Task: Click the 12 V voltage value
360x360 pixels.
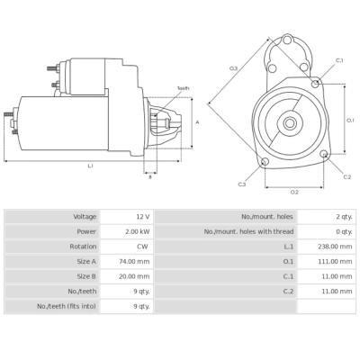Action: (x=142, y=217)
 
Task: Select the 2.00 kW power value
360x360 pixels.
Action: (x=139, y=231)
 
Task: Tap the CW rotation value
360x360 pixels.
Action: (x=143, y=247)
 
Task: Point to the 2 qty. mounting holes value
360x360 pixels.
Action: (x=344, y=217)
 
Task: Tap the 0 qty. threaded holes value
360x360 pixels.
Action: (x=344, y=231)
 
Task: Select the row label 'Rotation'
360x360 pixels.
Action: (x=83, y=247)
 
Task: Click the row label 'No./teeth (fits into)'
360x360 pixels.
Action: (x=66, y=306)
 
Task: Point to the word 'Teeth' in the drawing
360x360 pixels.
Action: (x=183, y=88)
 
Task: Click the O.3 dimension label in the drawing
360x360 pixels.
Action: (x=233, y=68)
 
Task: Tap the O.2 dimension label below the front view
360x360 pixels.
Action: (x=294, y=192)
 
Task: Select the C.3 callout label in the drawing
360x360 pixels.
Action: (x=242, y=184)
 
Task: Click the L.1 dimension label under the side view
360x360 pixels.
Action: (x=91, y=166)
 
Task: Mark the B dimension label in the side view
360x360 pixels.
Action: (x=150, y=176)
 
